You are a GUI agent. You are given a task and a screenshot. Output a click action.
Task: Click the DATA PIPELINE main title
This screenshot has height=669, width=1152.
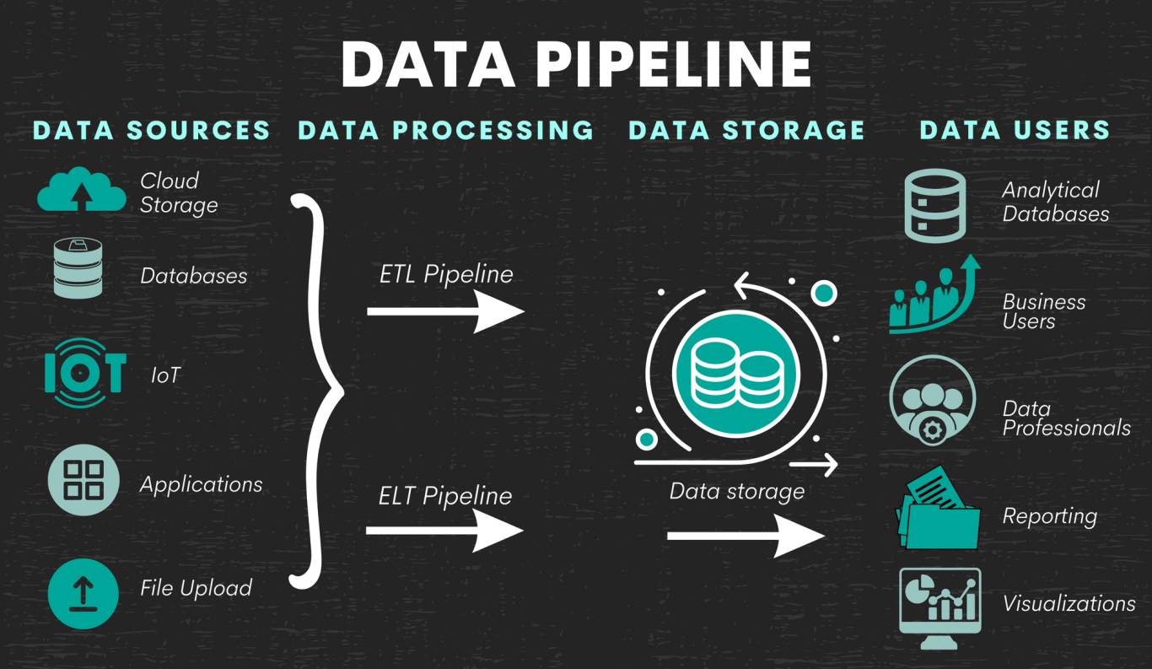click(576, 63)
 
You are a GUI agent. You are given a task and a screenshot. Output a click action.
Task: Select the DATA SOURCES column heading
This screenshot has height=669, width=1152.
click(152, 130)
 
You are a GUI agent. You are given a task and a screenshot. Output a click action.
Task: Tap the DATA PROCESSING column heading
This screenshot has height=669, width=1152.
click(446, 130)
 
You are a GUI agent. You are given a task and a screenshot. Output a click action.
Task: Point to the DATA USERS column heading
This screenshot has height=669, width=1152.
click(1015, 130)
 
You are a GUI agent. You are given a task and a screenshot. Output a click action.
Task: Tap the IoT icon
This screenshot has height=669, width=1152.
click(84, 373)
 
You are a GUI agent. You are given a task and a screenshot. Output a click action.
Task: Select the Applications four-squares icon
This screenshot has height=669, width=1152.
click(83, 479)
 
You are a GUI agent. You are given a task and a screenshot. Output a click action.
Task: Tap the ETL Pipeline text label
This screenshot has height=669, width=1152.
click(445, 274)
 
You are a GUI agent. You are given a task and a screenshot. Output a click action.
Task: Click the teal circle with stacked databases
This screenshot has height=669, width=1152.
click(735, 372)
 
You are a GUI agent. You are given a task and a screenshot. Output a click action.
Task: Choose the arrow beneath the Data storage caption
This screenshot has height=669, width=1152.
click(746, 536)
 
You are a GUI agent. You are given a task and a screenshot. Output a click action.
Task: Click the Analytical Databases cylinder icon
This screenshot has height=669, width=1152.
click(934, 205)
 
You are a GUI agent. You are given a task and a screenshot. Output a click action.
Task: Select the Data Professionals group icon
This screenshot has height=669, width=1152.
click(933, 400)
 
